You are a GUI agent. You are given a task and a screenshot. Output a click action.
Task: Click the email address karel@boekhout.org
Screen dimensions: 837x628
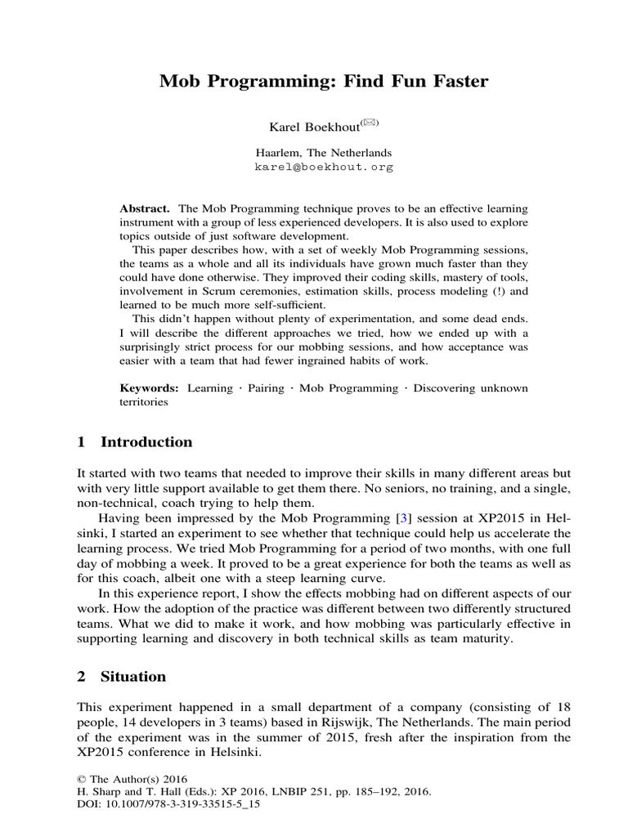[x=324, y=167]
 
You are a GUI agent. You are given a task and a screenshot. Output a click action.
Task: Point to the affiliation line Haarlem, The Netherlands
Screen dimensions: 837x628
[x=324, y=153]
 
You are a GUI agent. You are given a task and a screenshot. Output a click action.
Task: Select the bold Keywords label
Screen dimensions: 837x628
[x=150, y=387]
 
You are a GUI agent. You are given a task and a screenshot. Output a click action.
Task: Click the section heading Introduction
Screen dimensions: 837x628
[x=146, y=442]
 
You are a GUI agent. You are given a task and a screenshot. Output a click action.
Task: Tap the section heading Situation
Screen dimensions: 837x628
[x=132, y=677]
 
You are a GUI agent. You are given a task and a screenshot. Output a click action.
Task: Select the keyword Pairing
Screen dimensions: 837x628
[x=261, y=387]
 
